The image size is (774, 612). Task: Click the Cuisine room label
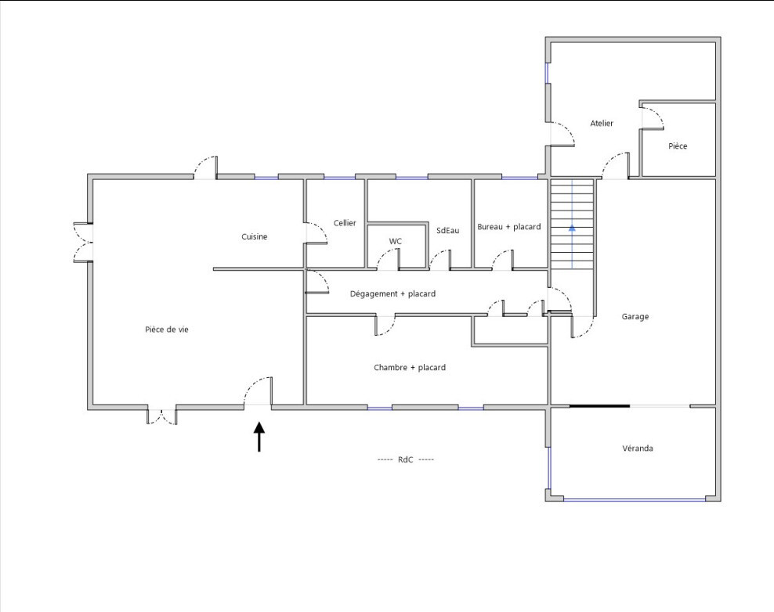pos(255,236)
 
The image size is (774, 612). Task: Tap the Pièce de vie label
pos(167,329)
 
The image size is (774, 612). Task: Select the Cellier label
pos(345,223)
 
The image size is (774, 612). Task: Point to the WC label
pos(396,241)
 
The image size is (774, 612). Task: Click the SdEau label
pos(448,230)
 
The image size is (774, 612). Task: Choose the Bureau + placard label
pos(509,227)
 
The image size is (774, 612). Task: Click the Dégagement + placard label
pos(393,294)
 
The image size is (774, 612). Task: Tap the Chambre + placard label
pos(410,367)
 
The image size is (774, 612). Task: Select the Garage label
pos(635,317)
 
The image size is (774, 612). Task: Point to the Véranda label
pos(638,448)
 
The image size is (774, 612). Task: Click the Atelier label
pos(602,124)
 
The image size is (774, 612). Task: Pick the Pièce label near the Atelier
pos(678,146)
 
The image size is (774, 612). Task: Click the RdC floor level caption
pos(406,459)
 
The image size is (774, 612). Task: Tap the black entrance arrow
pos(259,437)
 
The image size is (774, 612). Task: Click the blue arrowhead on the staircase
pos(572,228)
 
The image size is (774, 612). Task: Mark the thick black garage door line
pos(600,406)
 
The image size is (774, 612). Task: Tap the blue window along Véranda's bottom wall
pos(635,500)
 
